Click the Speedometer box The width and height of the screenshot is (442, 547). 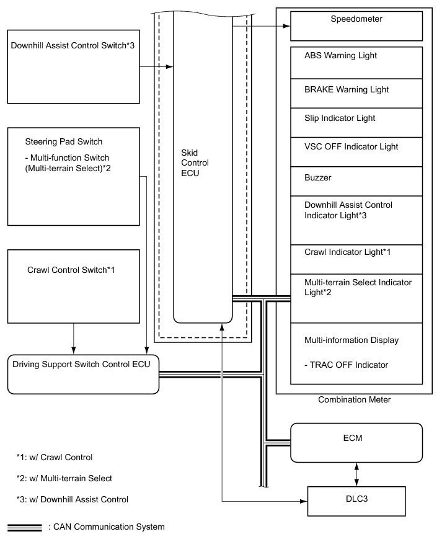click(361, 26)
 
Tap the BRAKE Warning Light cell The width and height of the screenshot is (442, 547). click(361, 93)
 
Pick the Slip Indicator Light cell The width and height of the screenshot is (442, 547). click(361, 122)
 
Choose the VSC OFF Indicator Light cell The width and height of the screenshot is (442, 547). click(361, 151)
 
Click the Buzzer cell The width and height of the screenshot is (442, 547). click(361, 181)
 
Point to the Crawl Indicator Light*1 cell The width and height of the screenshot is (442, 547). click(361, 259)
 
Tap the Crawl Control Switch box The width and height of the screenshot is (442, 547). click(73, 286)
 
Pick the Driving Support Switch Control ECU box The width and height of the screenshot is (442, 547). click(84, 373)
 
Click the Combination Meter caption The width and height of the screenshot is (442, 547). click(355, 400)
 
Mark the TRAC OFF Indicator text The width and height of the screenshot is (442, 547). click(347, 365)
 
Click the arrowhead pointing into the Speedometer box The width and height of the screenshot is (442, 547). click(286, 27)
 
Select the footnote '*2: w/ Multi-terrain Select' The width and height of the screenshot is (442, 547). click(64, 478)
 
